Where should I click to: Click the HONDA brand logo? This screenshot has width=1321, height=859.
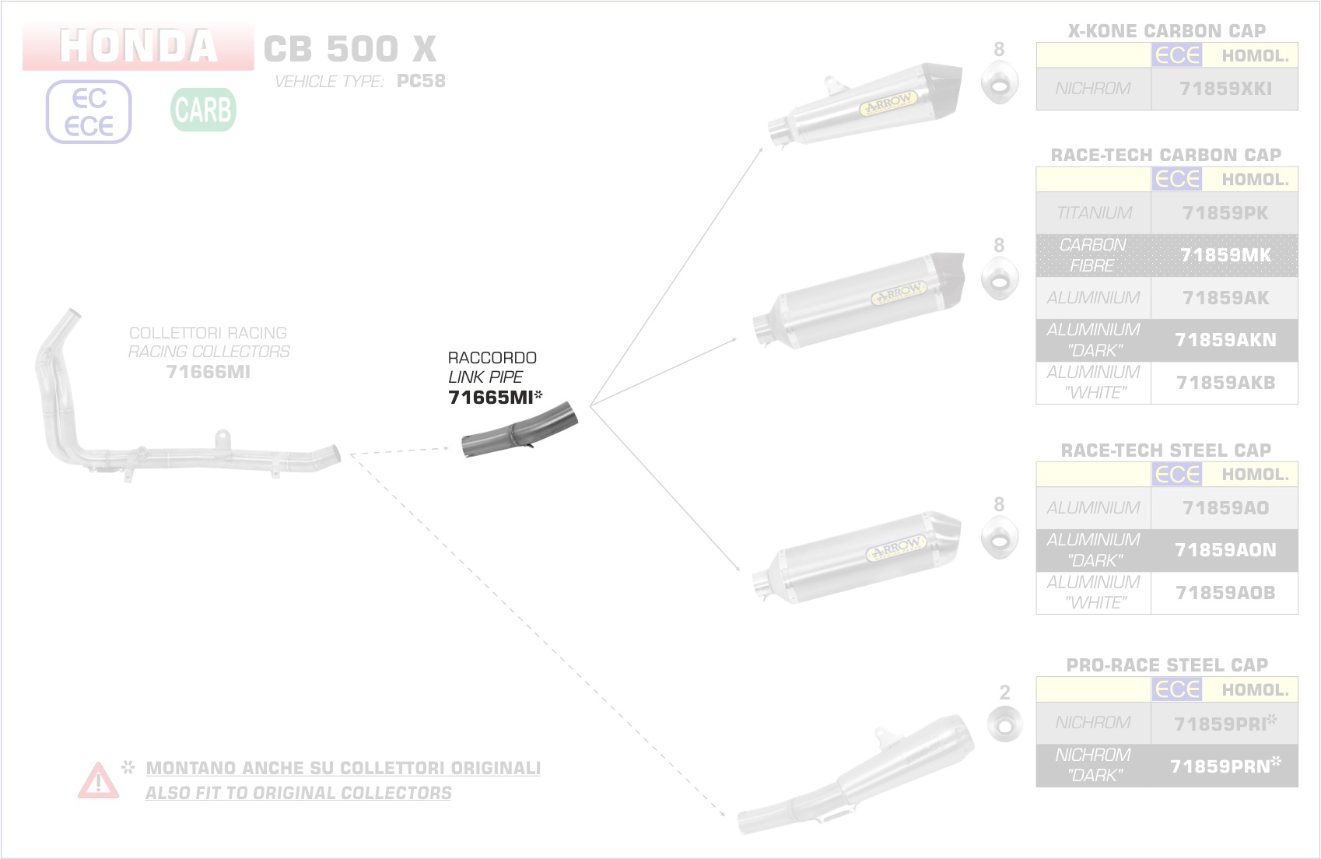138,47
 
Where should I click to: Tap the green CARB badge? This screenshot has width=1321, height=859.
203,110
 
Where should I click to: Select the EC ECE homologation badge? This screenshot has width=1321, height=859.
89,112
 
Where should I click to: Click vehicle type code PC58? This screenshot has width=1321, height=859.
421,81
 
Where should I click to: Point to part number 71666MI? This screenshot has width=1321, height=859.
208,372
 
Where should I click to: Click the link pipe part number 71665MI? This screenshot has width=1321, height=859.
491,398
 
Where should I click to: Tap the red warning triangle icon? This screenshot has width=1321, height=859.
98,780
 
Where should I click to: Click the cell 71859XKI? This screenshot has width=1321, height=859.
1225,89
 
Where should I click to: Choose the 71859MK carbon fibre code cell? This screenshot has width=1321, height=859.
1225,255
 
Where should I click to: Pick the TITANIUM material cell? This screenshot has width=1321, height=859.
1093,213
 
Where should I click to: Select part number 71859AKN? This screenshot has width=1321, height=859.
1225,340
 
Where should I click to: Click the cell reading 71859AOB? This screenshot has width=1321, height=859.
1225,593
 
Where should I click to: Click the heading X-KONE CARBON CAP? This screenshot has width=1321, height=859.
1166,31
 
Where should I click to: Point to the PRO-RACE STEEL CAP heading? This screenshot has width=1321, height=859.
1167,665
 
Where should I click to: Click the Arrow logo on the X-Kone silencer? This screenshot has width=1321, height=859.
888,103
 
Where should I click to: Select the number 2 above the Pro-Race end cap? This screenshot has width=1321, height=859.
1004,692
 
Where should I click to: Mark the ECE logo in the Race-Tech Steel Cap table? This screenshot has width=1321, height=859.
1177,475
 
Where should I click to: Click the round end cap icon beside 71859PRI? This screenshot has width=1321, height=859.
1004,725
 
